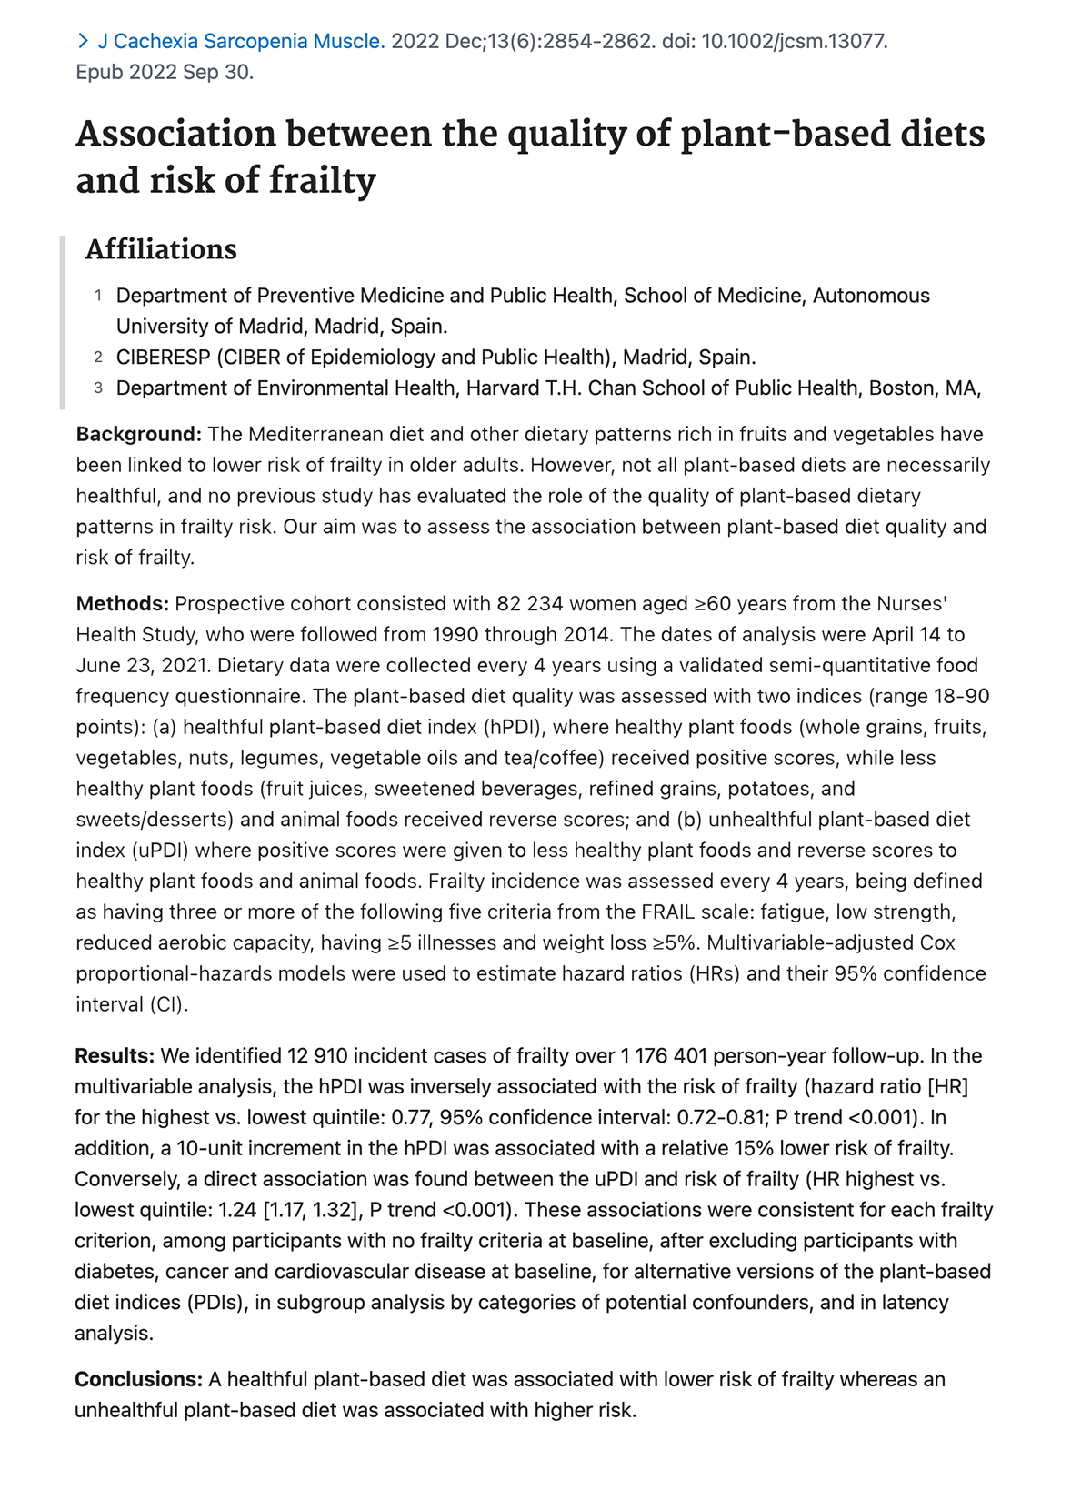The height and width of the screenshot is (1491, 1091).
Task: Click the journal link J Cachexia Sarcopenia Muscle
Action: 241,41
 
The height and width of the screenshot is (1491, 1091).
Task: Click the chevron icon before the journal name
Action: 83,41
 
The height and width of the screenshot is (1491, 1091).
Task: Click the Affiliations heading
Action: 161,249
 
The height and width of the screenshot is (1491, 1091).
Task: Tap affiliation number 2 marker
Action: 98,357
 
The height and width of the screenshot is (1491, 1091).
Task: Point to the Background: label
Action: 138,434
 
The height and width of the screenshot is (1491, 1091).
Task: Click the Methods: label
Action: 122,604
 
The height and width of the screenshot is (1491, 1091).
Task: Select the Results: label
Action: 115,1056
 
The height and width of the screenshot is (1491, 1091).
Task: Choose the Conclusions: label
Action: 138,1380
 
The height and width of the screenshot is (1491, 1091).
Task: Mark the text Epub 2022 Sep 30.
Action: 165,72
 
